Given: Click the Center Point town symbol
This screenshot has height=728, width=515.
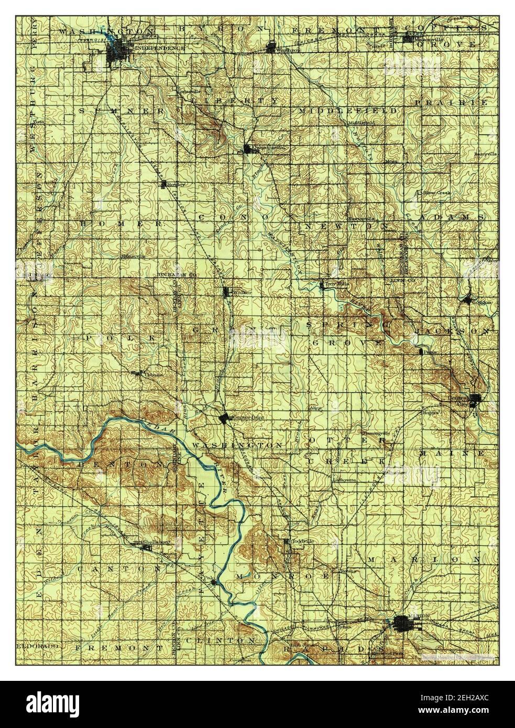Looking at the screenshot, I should coord(224,418).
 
